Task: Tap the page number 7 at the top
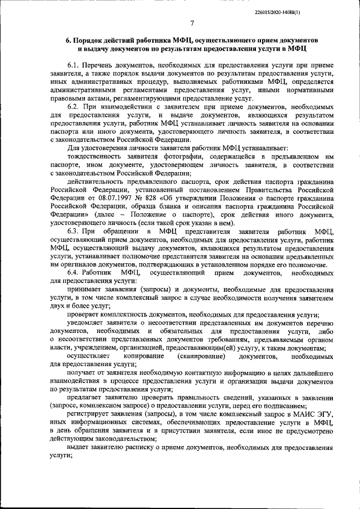(x=191, y=23)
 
